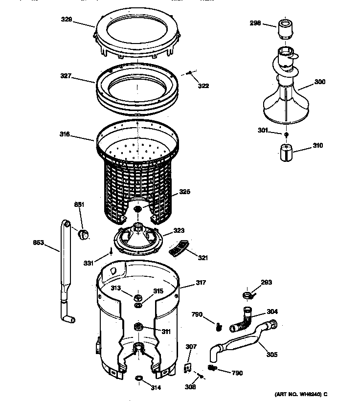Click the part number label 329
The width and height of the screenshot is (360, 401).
point(67,20)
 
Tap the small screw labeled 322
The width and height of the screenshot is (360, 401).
point(189,73)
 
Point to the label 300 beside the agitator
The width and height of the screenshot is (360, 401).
point(319,82)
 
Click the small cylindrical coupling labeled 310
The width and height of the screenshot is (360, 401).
point(284,152)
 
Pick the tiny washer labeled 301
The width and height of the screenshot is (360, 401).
point(285,134)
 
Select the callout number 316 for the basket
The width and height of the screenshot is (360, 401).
point(66,134)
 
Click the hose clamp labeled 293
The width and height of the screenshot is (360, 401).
point(247,294)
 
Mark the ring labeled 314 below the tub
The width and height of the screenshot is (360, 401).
point(139,379)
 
